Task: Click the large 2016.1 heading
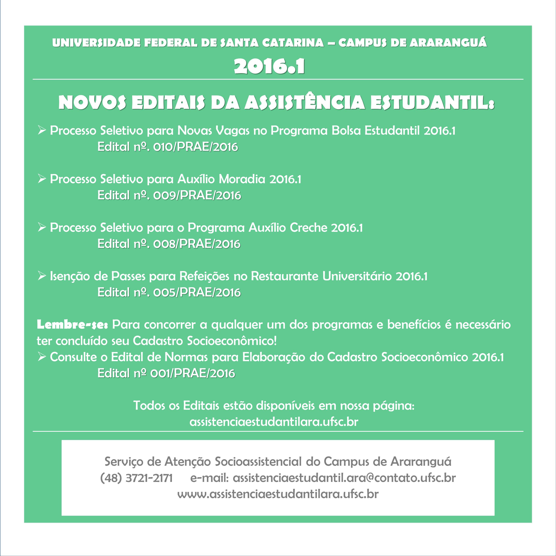pyautogui.click(x=269, y=67)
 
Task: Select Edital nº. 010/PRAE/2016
pyautogui.click(x=168, y=147)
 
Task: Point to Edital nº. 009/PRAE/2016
pyautogui.click(x=169, y=195)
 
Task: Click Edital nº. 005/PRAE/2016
pyautogui.click(x=169, y=292)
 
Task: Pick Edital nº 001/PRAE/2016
pyautogui.click(x=166, y=373)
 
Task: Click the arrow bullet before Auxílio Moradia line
pyautogui.click(x=42, y=179)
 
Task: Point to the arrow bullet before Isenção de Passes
pyautogui.click(x=42, y=276)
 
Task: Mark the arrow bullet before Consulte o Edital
pyautogui.click(x=42, y=357)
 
